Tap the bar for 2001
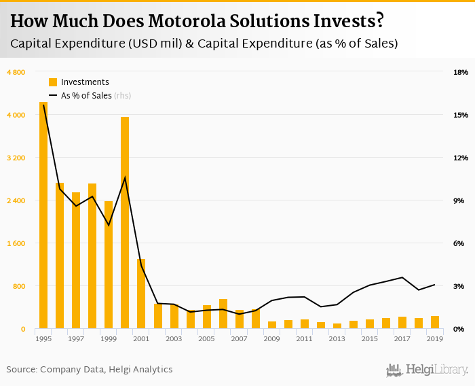point(141,294)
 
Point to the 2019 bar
point(434,322)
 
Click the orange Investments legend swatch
point(53,82)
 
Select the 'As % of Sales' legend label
point(86,96)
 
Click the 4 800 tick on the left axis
point(16,72)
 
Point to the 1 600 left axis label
point(16,243)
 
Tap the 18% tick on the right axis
point(461,72)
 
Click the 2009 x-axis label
point(271,338)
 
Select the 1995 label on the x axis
point(43,338)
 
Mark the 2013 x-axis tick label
point(337,338)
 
